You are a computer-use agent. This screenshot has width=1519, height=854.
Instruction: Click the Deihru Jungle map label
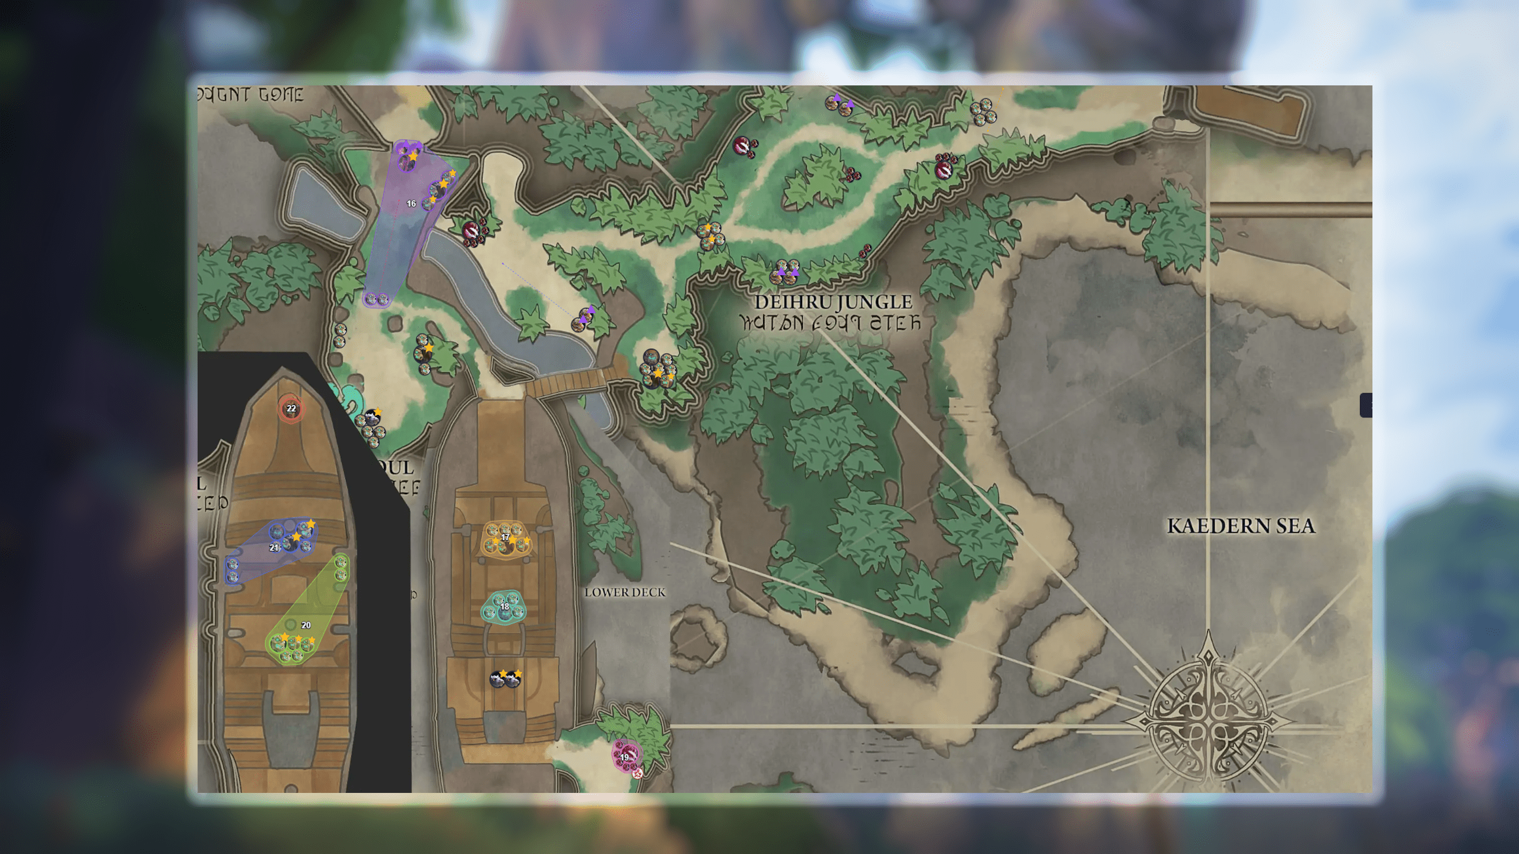[833, 302]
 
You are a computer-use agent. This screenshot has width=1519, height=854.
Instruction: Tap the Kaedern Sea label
[1241, 526]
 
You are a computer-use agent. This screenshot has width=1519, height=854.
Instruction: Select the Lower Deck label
[625, 592]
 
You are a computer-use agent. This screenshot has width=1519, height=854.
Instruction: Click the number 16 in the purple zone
[411, 203]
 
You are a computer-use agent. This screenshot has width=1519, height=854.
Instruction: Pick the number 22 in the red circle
[291, 409]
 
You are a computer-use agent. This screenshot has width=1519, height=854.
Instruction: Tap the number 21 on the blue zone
[274, 547]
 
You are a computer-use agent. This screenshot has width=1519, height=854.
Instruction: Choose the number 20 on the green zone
[306, 625]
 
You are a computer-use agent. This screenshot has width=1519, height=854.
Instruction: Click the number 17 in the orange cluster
[505, 537]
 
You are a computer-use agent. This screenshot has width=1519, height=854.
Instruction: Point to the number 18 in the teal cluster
[504, 606]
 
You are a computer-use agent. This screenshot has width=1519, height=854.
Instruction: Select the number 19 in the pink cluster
[624, 757]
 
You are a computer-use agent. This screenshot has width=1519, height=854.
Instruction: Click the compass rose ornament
[1208, 718]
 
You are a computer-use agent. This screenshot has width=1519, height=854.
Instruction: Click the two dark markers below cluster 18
[506, 679]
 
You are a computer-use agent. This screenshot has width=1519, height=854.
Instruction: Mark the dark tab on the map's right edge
[1366, 406]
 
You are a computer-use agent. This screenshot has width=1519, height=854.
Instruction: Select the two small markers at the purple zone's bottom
[376, 299]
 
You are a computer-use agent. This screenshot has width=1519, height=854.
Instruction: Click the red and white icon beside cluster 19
[637, 773]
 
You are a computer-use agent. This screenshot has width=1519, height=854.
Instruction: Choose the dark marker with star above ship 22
[373, 416]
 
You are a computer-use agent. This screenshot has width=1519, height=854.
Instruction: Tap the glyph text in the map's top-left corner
[251, 95]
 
